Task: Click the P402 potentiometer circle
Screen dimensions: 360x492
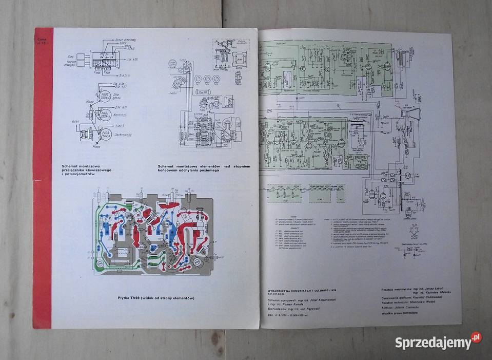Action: point(106,97)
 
